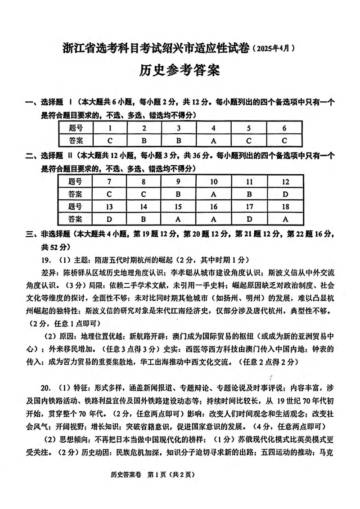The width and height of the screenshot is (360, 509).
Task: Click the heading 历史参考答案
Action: [180, 71]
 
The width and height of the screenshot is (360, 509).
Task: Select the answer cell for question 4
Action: [214, 140]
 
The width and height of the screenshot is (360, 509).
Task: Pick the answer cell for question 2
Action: [144, 140]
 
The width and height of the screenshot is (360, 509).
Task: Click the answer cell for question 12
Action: [285, 194]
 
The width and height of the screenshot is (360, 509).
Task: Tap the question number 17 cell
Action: [250, 207]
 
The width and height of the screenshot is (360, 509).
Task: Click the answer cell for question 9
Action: [179, 194]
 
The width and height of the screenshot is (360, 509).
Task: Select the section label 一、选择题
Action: [45, 103]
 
